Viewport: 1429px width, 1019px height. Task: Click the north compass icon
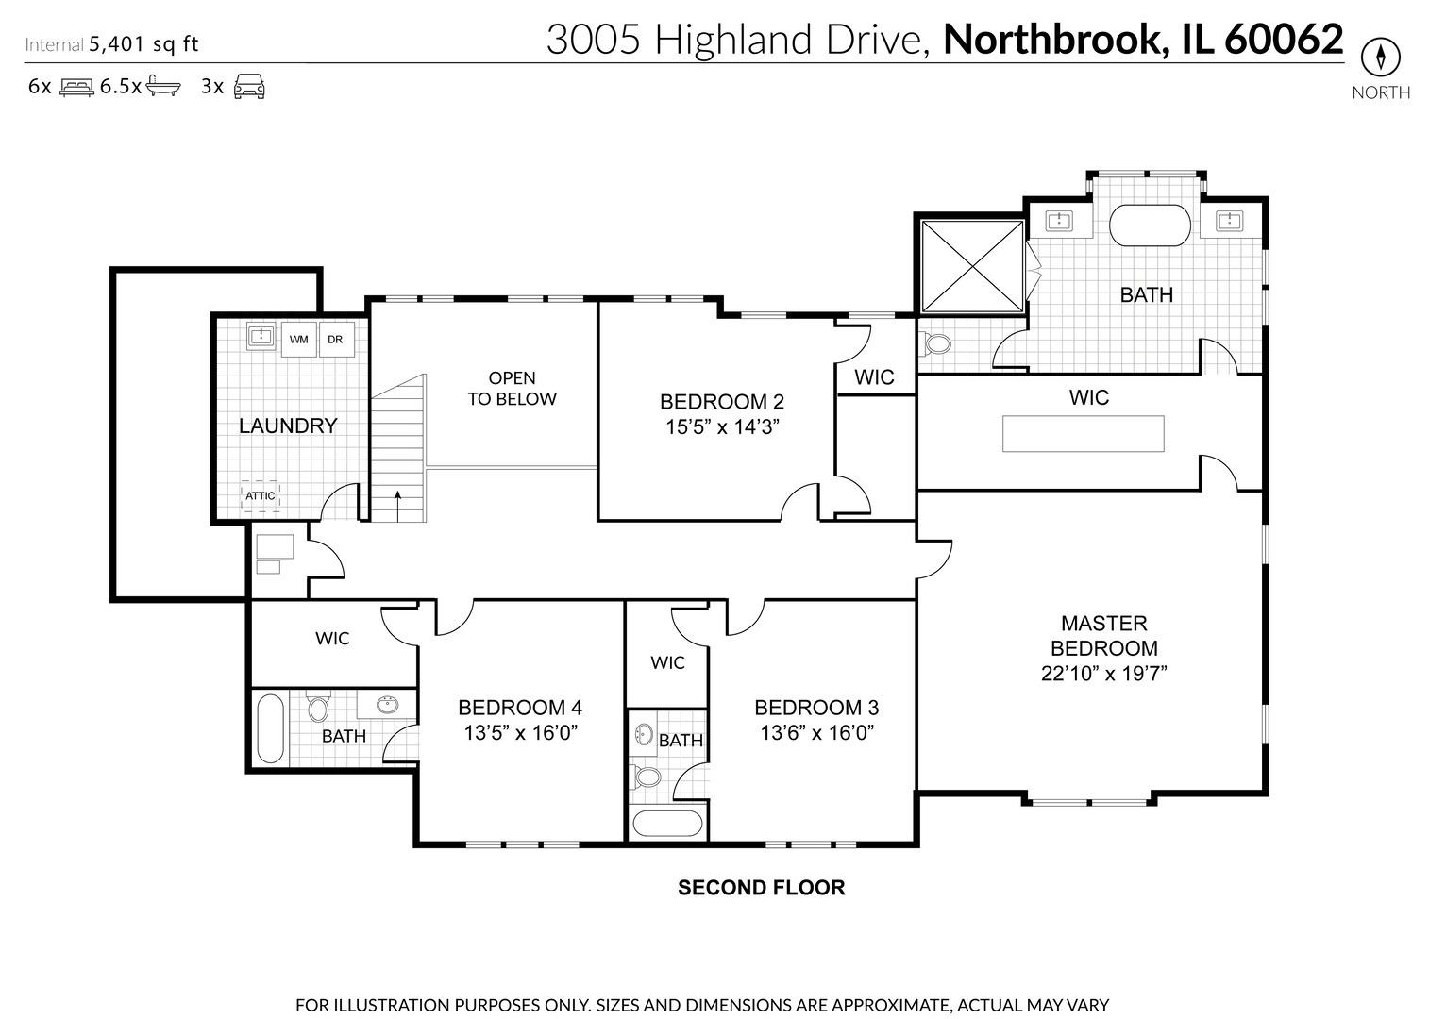point(1380,58)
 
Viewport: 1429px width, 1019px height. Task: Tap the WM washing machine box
point(299,340)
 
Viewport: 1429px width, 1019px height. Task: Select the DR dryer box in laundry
point(335,340)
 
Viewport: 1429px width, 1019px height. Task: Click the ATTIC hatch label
point(261,495)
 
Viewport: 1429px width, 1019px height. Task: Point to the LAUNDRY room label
point(288,426)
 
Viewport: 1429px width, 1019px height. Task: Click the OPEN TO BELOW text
point(513,389)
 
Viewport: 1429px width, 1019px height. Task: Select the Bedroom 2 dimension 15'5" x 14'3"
point(722,426)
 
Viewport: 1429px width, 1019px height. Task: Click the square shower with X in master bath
point(972,266)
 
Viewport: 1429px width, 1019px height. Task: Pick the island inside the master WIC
point(1083,434)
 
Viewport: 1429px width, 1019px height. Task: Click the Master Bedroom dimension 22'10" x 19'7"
point(1103,674)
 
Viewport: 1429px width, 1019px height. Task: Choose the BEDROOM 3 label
point(816,708)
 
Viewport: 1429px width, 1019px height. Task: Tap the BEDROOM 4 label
point(520,708)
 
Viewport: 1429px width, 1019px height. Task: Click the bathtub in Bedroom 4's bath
point(270,729)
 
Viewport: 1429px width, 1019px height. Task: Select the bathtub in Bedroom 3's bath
point(667,824)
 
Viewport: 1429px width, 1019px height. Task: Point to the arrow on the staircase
point(397,504)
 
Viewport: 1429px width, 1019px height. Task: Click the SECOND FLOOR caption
point(762,888)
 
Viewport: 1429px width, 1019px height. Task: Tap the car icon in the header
point(249,86)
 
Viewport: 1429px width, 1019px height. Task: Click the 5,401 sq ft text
point(143,43)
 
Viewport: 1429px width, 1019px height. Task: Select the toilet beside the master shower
point(937,342)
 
